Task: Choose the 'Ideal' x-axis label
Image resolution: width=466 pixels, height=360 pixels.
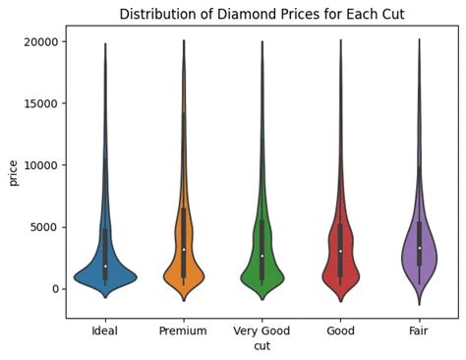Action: click(x=104, y=332)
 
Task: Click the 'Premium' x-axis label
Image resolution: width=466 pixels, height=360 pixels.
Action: click(x=183, y=332)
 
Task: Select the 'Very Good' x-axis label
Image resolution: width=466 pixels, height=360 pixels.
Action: click(x=262, y=332)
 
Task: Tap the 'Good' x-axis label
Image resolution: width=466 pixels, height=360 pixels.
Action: click(x=340, y=332)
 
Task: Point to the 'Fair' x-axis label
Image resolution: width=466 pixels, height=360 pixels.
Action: click(x=419, y=332)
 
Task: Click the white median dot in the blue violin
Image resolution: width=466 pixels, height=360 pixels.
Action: click(x=104, y=267)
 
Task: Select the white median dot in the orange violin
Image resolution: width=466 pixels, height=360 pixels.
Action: click(x=183, y=250)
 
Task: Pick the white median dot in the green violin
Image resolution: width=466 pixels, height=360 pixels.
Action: click(x=262, y=256)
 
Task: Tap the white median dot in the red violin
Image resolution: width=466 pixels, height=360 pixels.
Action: click(x=340, y=252)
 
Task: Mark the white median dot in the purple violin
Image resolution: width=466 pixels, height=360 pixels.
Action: click(x=419, y=248)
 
